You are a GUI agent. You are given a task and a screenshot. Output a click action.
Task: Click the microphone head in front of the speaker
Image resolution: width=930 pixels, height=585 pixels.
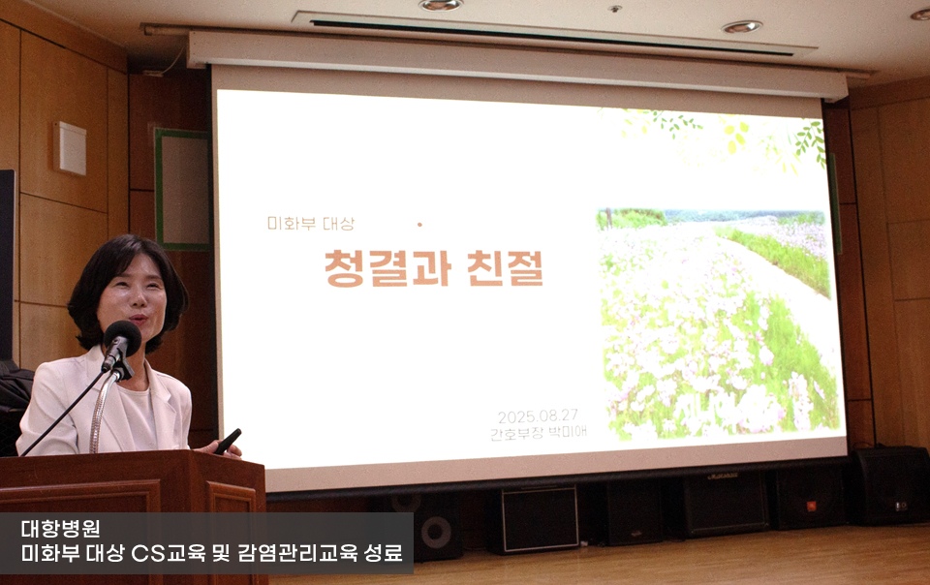coord(122,337)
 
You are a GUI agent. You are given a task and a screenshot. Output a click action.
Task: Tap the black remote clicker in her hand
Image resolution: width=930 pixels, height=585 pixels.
coord(228,441)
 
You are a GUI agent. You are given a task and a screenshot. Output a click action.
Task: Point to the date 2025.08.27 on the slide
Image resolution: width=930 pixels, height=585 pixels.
coord(538,416)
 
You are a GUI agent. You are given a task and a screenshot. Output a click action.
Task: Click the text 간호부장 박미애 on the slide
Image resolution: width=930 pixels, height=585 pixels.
coord(539,432)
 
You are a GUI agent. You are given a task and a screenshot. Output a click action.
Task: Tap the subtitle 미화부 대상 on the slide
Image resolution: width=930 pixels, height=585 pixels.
coord(310,224)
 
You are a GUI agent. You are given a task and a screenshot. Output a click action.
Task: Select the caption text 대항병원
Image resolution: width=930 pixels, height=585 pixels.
coord(60,528)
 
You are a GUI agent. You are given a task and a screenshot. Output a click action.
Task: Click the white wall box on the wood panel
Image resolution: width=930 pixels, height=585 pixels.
coord(70,148)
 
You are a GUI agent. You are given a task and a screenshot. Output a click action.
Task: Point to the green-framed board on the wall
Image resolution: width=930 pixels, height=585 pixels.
coord(183,189)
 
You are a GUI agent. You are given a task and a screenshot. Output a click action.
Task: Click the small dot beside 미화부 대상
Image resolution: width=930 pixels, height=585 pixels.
coord(419,225)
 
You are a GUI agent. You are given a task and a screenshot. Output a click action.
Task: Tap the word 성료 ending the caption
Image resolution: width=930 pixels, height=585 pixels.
coord(384,553)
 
